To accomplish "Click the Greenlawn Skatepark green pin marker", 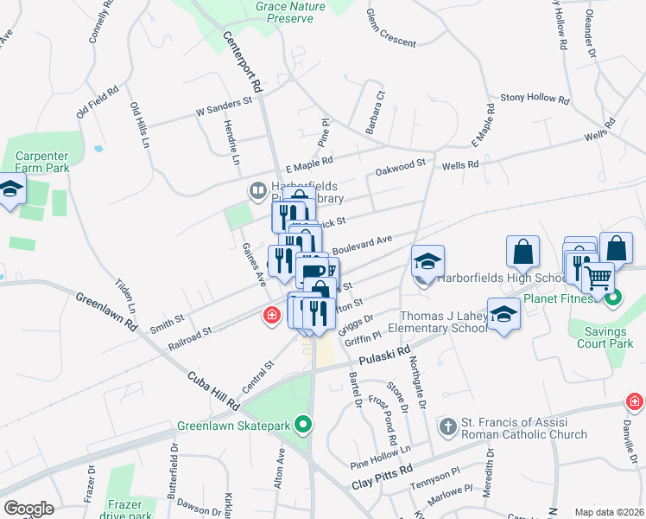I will pos(302,425).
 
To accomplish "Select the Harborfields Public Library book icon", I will pos(256,190).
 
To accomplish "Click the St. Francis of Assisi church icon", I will pos(447,426).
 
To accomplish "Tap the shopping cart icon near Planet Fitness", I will pos(598,278).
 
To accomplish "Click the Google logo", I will pos(28,508).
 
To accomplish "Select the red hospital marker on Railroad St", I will pos(272,317).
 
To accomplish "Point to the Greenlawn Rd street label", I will pos(106,313).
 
